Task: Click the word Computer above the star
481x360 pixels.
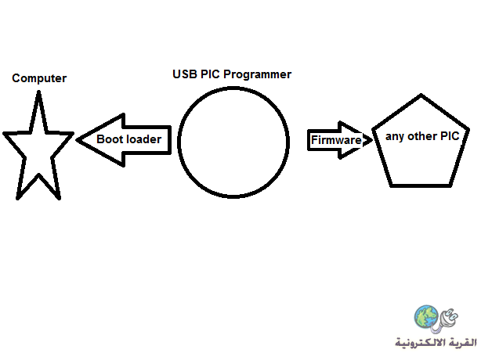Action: (x=39, y=78)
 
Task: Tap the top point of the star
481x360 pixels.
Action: (x=38, y=92)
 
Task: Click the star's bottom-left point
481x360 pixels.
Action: (x=18, y=199)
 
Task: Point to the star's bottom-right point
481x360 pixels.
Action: (x=60, y=199)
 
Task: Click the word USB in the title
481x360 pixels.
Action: (x=185, y=74)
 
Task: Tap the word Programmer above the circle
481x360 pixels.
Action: (x=258, y=74)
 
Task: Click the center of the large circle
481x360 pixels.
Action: (x=233, y=142)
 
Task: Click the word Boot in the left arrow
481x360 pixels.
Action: (x=110, y=139)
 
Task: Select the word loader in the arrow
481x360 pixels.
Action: (x=143, y=139)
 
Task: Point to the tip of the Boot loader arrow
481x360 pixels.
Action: (x=77, y=140)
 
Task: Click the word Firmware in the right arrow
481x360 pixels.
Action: (x=336, y=140)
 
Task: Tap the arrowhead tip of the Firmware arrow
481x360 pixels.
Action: (x=372, y=140)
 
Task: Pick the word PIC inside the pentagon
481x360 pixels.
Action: (x=450, y=135)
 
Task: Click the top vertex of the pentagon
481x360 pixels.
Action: (x=421, y=95)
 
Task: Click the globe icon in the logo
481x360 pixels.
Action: (x=426, y=316)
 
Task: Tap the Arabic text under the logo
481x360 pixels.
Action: (x=436, y=342)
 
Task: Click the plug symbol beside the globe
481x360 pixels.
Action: (x=447, y=320)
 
